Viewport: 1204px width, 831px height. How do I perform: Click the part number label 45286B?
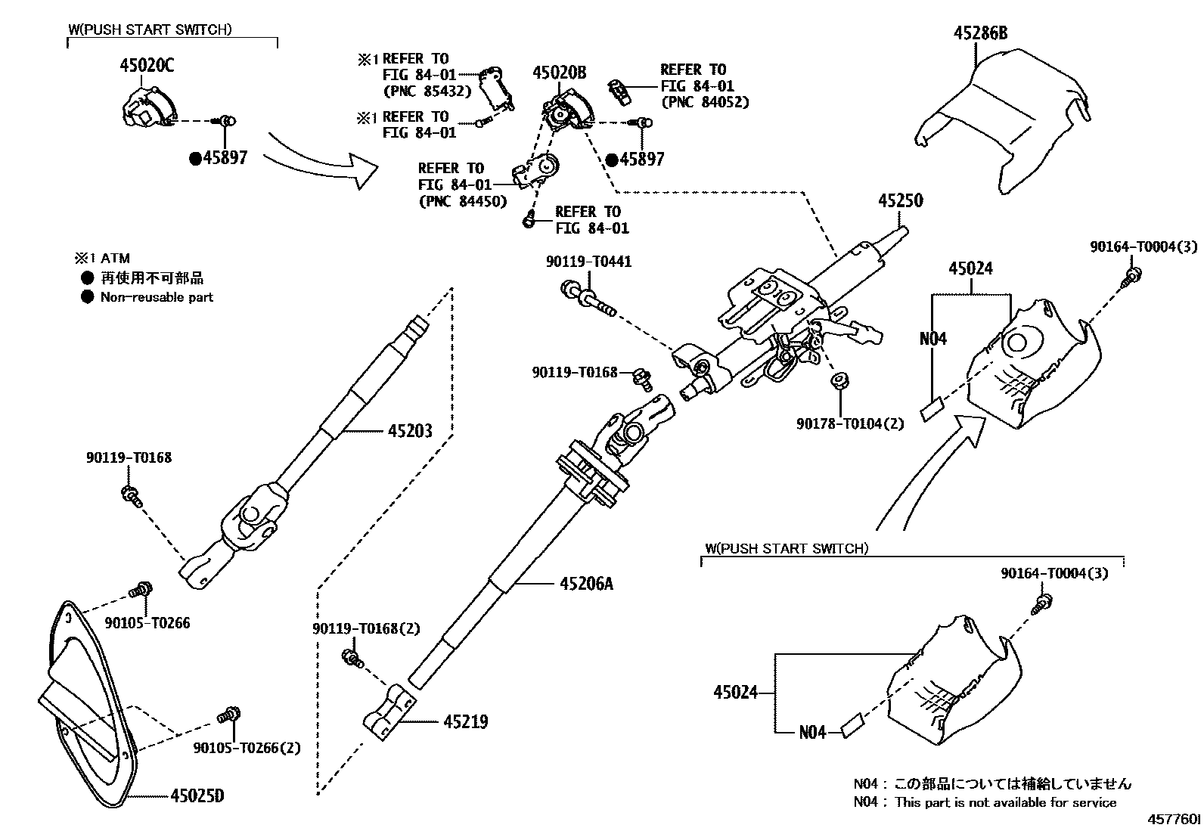tap(980, 33)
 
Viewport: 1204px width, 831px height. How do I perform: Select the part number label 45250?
tap(900, 201)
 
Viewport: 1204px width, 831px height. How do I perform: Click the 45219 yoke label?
tap(465, 722)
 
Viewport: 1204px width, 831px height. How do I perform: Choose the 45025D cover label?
tap(197, 796)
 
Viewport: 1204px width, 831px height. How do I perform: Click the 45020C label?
tap(146, 66)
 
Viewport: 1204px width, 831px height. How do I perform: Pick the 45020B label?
tap(559, 73)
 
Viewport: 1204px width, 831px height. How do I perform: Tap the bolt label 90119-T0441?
tap(588, 262)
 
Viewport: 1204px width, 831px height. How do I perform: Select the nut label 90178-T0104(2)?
tap(849, 423)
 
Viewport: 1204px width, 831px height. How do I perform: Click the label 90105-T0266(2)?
tap(246, 748)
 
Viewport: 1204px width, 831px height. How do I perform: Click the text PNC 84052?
tap(705, 101)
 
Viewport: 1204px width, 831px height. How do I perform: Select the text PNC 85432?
tap(427, 91)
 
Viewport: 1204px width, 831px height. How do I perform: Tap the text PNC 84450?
tap(462, 202)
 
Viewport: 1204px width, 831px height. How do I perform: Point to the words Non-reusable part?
tap(157, 297)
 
